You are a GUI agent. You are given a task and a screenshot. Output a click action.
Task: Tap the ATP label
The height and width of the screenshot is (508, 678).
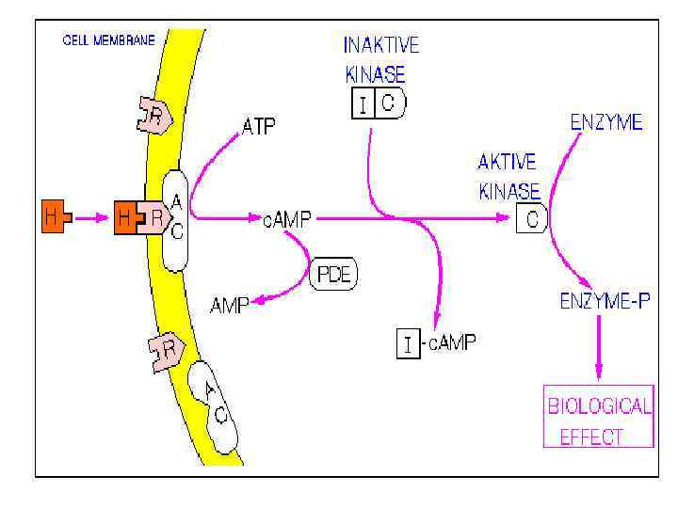click(260, 125)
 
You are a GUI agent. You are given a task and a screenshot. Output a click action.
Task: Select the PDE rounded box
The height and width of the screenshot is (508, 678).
click(334, 277)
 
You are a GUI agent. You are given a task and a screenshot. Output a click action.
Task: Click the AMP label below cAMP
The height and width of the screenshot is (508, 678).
click(229, 305)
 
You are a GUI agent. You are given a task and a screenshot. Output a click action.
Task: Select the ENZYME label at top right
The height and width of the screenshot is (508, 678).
click(606, 122)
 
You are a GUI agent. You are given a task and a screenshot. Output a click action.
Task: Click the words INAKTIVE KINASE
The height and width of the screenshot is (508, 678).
click(380, 59)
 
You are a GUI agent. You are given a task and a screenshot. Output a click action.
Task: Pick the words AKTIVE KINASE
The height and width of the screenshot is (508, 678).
click(509, 176)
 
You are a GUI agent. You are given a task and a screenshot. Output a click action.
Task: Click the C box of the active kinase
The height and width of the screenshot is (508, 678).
click(533, 219)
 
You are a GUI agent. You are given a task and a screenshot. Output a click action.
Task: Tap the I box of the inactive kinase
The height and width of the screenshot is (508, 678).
click(363, 104)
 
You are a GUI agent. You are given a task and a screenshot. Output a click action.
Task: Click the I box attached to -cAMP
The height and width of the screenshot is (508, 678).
click(407, 343)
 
